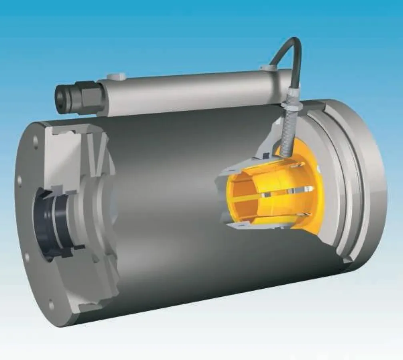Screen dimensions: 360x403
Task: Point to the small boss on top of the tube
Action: pos(116,76)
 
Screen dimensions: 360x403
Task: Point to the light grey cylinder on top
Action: pos(192,90)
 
